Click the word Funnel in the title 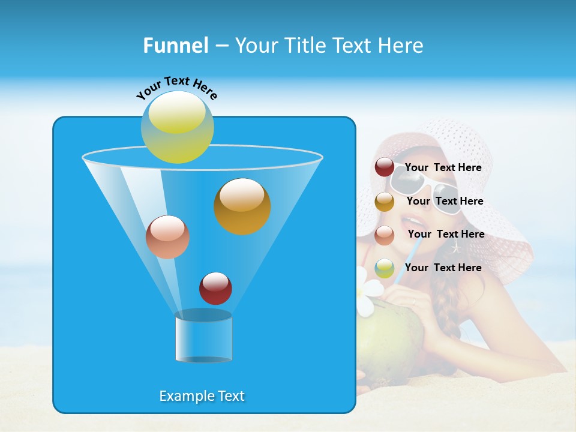point(175,45)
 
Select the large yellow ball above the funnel point(177,127)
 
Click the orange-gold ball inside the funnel point(242,206)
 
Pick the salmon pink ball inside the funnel point(167,236)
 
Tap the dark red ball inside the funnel point(215,288)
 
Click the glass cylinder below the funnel point(203,337)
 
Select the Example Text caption point(202,396)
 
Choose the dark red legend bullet point(385,167)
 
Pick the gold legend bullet point(385,202)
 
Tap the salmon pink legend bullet point(385,235)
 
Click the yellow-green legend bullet point(385,268)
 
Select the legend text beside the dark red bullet point(443,168)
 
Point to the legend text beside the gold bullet point(445,202)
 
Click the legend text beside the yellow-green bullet point(443,268)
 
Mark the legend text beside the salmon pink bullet point(446,235)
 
